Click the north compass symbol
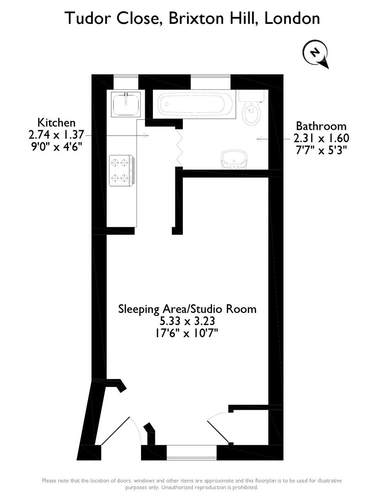(316, 53)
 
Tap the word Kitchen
(56, 122)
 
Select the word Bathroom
(321, 126)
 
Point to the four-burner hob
(121, 170)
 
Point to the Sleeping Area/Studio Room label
(187, 308)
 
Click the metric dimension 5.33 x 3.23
(187, 321)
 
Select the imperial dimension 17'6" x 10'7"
(187, 333)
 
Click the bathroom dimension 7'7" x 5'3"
(321, 150)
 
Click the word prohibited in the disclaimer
(241, 487)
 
